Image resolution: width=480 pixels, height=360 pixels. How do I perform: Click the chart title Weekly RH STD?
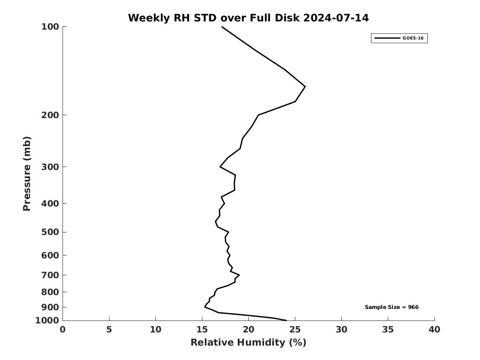[x=248, y=18]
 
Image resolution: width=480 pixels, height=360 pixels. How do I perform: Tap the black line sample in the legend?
[x=387, y=38]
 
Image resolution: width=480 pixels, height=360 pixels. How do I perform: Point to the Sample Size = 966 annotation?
[x=392, y=307]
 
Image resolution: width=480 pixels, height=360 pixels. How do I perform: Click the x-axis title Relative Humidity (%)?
[x=248, y=343]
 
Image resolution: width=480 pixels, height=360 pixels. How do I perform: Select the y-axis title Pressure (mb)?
[x=27, y=174]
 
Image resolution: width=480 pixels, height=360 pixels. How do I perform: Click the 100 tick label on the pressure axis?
[x=50, y=27]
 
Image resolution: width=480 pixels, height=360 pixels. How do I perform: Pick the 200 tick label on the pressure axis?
[x=50, y=115]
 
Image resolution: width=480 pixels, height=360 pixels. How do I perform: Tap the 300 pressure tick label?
[x=50, y=167]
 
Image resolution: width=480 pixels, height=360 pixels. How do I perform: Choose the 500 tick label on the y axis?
[x=50, y=232]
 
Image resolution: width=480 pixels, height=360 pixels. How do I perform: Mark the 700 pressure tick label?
[x=50, y=275]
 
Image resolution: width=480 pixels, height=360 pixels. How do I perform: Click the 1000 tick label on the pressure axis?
[x=47, y=321]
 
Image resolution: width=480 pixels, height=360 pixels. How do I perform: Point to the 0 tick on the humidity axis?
[x=63, y=330]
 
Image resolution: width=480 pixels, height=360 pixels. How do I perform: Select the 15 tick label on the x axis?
[x=202, y=330]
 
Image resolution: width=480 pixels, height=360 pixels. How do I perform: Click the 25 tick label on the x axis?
[x=295, y=330]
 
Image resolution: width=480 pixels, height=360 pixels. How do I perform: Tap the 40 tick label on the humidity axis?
[x=434, y=330]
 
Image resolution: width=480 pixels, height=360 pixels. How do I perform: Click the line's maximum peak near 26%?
[x=305, y=86]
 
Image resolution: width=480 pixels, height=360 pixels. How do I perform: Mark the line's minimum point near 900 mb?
[x=205, y=307]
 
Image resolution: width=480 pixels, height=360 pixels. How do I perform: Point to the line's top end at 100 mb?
[x=222, y=27]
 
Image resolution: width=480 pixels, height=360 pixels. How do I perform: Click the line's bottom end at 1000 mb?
[x=286, y=320]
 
